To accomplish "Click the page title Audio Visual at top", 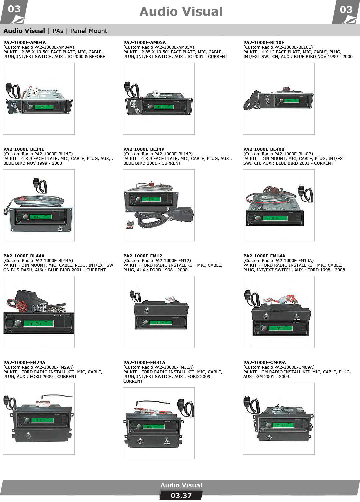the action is click(x=181, y=12).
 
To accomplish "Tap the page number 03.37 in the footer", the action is click(x=181, y=495).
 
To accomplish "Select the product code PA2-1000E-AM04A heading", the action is click(x=24, y=43).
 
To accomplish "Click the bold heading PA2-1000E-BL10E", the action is click(x=264, y=43).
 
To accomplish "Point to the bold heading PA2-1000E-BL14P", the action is click(x=144, y=149).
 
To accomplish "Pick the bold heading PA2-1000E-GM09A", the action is click(x=265, y=363).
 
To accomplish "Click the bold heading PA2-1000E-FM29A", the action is click(x=24, y=363).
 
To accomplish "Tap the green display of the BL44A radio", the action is click(x=39, y=323).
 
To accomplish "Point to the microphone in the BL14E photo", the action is click(x=40, y=185).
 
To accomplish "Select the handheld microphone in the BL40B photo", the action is click(x=305, y=194).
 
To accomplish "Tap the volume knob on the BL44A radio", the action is click(x=17, y=323).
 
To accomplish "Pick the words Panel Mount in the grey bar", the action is click(x=89, y=31).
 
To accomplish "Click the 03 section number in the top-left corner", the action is click(x=14, y=9).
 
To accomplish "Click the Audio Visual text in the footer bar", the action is click(x=181, y=485).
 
